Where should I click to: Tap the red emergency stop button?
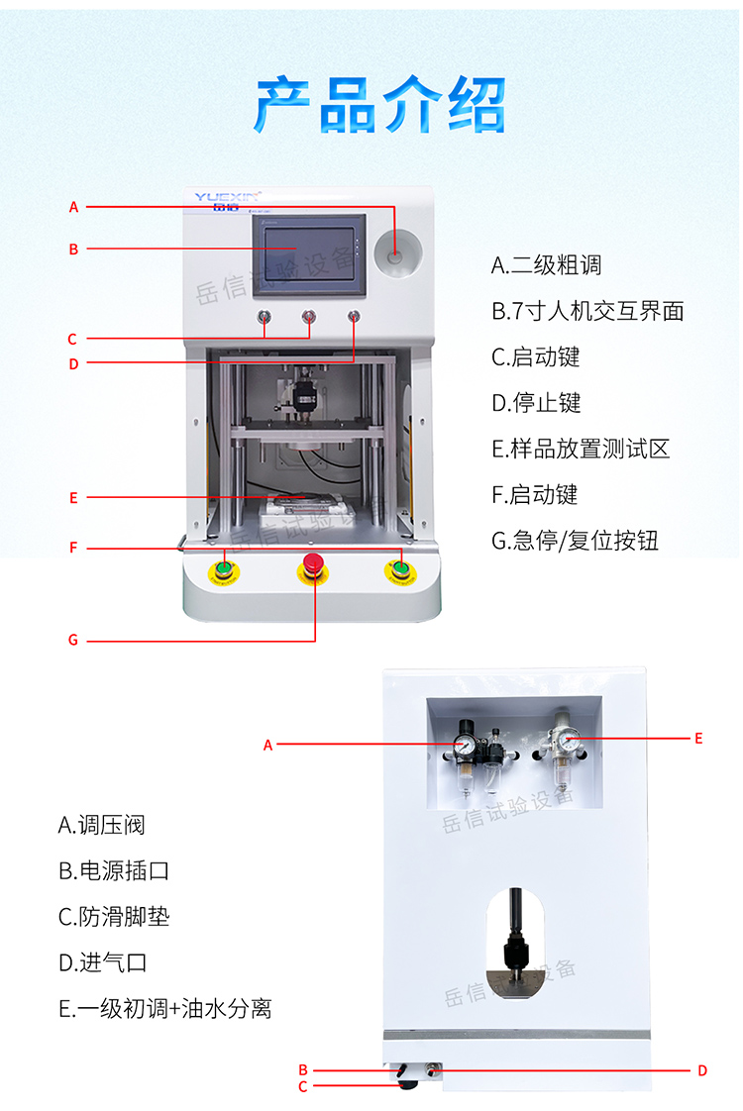[313, 565]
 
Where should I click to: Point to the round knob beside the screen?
[395, 256]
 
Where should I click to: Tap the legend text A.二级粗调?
[546, 265]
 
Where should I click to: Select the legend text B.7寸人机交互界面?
[587, 311]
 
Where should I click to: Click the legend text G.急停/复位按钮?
[575, 541]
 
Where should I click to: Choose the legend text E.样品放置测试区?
[581, 449]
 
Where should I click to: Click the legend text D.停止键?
[536, 403]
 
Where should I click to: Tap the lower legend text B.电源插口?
[113, 871]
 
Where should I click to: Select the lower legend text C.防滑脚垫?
[113, 917]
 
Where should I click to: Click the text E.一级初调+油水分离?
[164, 1009]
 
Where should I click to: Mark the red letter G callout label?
[73, 641]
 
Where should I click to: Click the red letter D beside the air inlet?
[701, 1070]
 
